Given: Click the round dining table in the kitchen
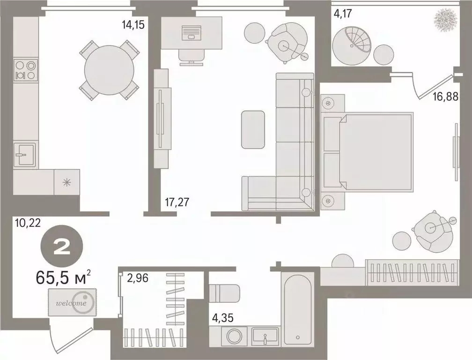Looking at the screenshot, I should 109,70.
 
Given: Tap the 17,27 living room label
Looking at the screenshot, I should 177,203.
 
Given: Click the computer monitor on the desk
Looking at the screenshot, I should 191,33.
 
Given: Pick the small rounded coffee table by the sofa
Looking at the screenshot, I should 253,129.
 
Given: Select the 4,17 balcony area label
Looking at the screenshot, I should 342,15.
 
